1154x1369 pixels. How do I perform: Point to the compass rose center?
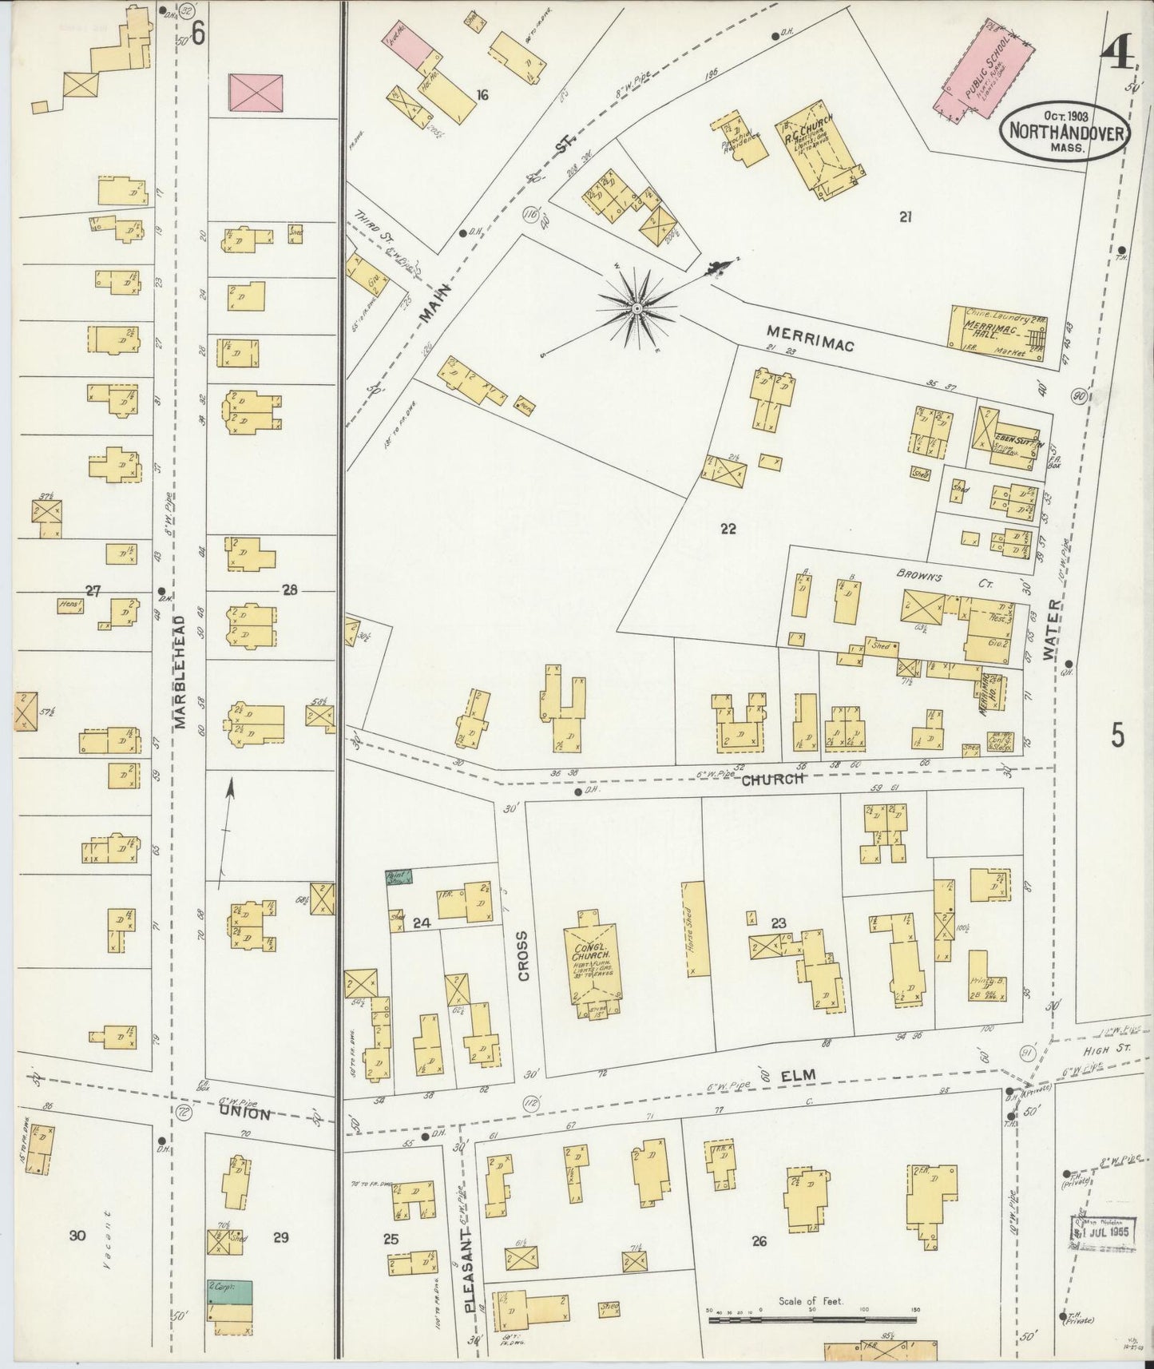point(636,308)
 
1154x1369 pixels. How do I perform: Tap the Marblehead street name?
point(180,671)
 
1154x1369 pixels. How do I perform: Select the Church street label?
point(772,778)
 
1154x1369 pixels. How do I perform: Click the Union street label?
point(251,1111)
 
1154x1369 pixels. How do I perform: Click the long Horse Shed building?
point(691,929)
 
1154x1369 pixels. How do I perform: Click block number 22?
point(728,528)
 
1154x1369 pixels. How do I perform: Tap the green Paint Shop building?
point(399,877)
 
